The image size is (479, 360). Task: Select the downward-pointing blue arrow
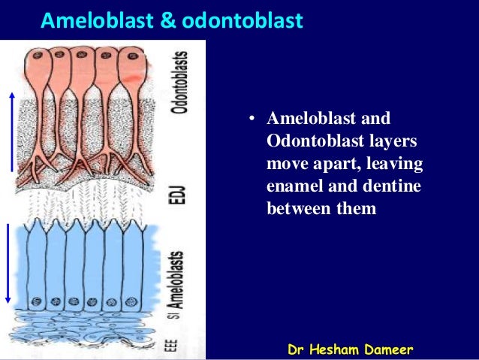coord(8,262)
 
